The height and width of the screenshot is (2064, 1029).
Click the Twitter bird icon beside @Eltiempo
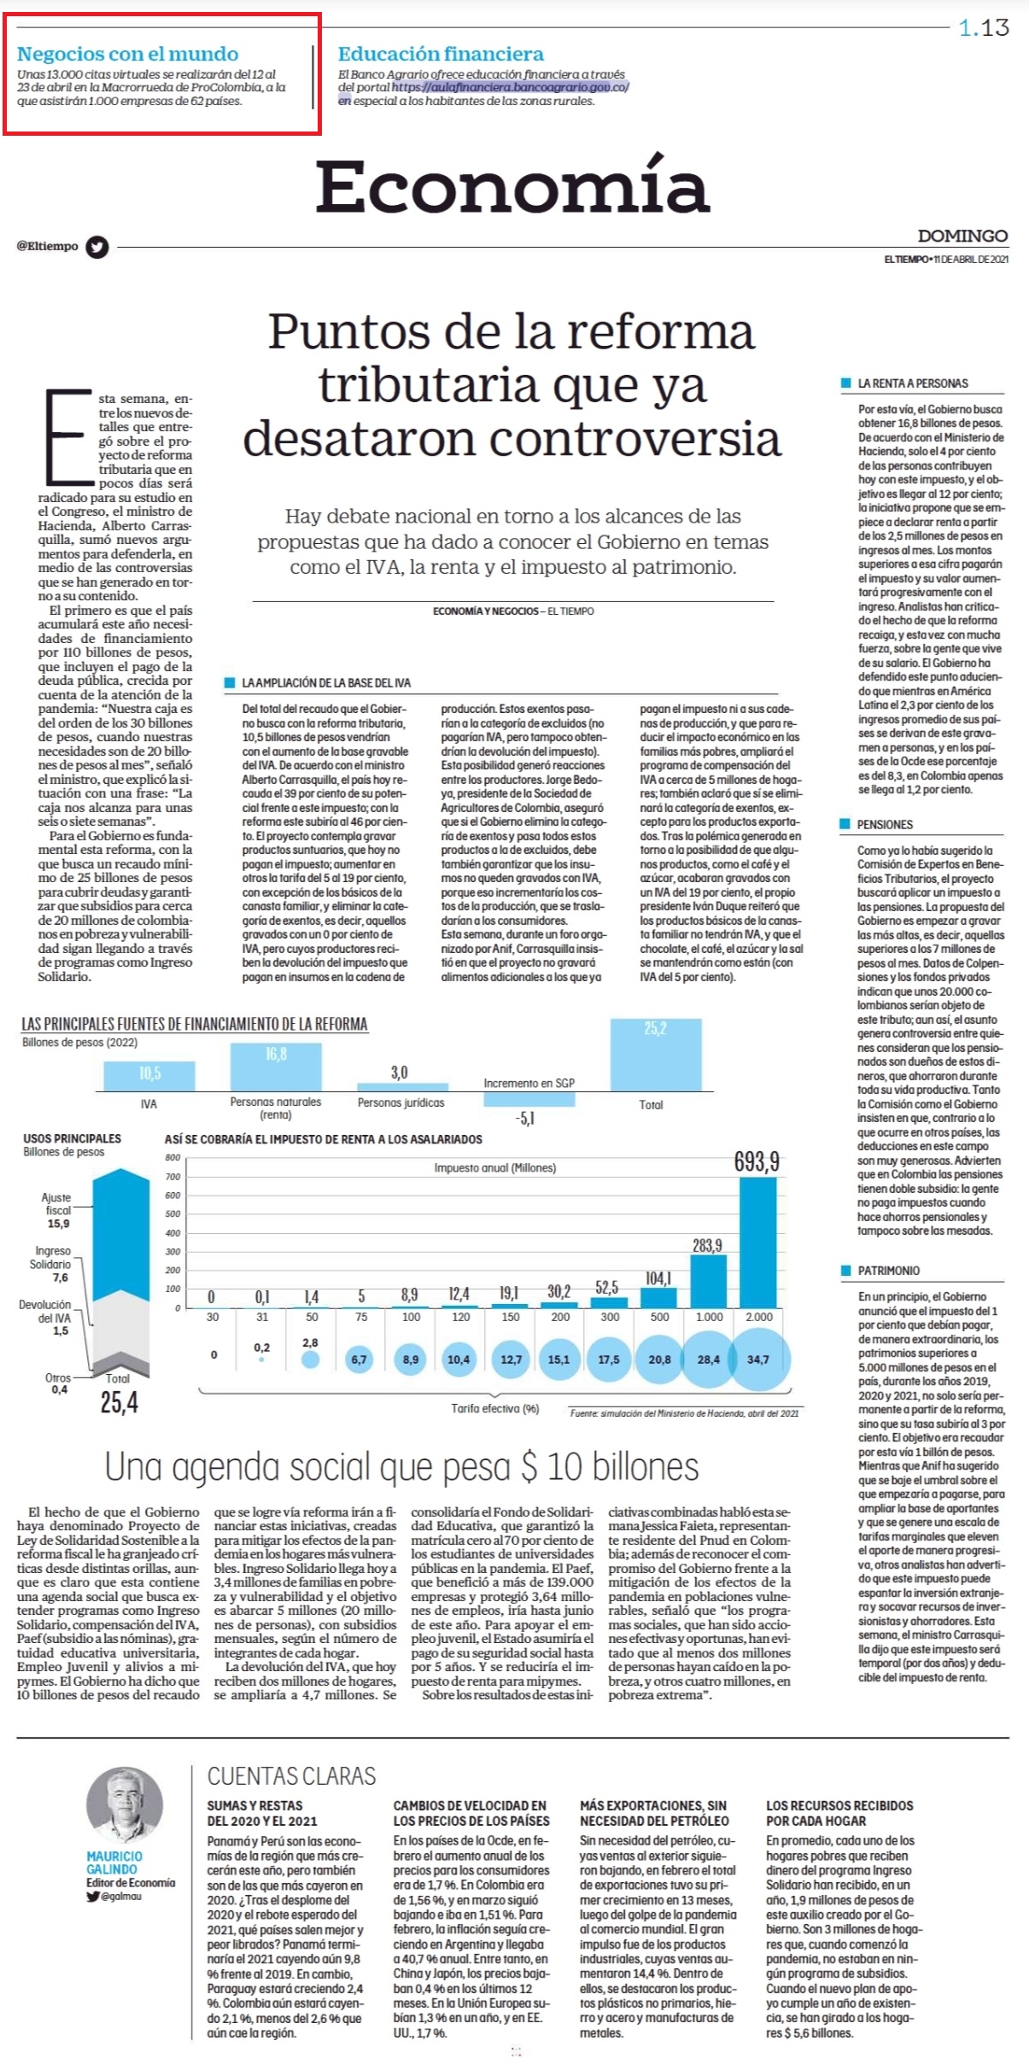[98, 247]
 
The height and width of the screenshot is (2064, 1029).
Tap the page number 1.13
[984, 28]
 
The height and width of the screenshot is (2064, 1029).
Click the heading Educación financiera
[441, 55]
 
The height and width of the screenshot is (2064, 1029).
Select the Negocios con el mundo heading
[127, 55]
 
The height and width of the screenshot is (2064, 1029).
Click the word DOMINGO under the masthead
[962, 236]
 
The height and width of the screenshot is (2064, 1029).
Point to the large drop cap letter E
[68, 437]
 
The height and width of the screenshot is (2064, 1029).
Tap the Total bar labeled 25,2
[655, 1055]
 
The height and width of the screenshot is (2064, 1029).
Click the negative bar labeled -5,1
[529, 1099]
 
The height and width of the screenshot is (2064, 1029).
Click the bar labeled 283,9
[708, 1282]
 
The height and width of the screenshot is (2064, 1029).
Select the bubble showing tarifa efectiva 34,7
[757, 1359]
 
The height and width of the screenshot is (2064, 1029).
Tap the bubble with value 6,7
[360, 1359]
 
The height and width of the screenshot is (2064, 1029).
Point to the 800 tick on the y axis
[172, 1158]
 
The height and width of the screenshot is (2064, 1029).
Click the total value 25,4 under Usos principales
[120, 1403]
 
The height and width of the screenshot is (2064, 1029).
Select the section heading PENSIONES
[885, 825]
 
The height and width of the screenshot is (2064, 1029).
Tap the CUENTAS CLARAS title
[291, 1776]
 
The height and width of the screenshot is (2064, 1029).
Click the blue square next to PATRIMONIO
[845, 1271]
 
